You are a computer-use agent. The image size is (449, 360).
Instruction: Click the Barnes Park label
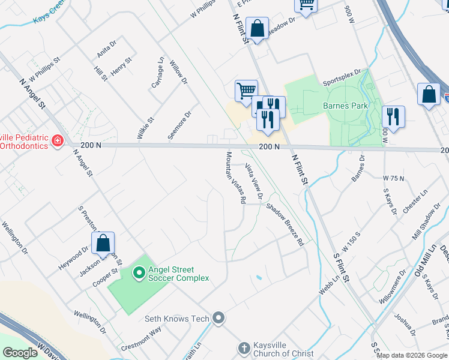click(x=345, y=106)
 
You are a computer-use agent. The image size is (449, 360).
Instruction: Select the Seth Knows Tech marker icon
click(x=218, y=318)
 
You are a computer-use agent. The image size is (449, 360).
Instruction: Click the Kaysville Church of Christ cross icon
click(x=243, y=348)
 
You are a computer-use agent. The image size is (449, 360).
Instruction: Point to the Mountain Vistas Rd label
click(x=235, y=178)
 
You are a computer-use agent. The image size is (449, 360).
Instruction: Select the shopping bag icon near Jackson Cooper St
click(x=103, y=243)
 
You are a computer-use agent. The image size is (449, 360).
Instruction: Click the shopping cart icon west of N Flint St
click(x=246, y=91)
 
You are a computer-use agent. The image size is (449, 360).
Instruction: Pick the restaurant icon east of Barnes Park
click(x=393, y=116)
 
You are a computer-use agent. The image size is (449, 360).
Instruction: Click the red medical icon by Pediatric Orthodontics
click(x=58, y=141)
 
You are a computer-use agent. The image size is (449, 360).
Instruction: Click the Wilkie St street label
click(x=145, y=128)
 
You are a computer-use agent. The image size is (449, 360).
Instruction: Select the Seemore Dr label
click(x=179, y=125)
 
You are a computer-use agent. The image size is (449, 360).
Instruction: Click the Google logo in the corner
click(x=20, y=353)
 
